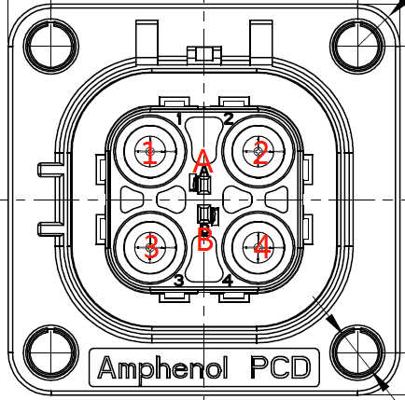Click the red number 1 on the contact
[150, 152]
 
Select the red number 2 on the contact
[260, 152]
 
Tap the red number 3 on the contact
[151, 247]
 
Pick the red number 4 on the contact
[262, 247]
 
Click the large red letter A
[202, 161]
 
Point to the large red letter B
[204, 239]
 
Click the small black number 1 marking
[179, 119]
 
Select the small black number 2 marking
[229, 119]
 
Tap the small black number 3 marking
[179, 281]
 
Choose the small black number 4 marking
[228, 281]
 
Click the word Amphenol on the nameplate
[162, 368]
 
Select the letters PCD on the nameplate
[281, 367]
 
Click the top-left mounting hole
[51, 47]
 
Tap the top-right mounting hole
[357, 47]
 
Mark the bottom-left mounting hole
[51, 353]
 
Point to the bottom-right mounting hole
[357, 353]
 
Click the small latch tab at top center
[204, 53]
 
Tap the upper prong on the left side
[50, 170]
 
